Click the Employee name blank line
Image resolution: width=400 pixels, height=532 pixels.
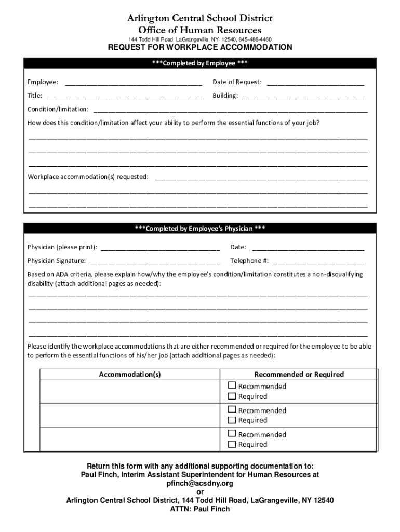(133, 83)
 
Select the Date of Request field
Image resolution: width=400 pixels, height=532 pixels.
(315, 83)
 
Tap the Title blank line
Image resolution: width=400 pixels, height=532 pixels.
(124, 96)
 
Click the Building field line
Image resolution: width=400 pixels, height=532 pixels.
(303, 96)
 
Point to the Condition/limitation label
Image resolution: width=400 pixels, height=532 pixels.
(58, 110)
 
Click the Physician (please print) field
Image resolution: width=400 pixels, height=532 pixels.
(161, 248)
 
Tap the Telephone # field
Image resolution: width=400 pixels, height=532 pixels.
(318, 261)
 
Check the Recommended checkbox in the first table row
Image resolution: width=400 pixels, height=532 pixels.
(232, 386)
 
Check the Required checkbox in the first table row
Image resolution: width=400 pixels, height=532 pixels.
(232, 396)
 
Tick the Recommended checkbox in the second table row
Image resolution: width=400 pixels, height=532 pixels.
(232, 410)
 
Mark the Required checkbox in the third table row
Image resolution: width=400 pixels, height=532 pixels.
(232, 444)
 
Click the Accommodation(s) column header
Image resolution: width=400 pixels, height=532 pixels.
(130, 375)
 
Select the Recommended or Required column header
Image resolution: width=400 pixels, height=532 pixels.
(299, 375)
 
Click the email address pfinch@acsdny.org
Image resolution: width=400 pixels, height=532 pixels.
(199, 483)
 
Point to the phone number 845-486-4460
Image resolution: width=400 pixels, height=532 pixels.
(255, 39)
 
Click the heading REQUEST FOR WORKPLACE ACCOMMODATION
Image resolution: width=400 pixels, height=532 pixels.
(200, 48)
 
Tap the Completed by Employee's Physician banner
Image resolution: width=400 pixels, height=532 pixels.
(200, 229)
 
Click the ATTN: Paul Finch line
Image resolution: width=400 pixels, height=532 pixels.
(200, 509)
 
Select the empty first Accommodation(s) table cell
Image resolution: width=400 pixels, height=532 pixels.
(130, 391)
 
